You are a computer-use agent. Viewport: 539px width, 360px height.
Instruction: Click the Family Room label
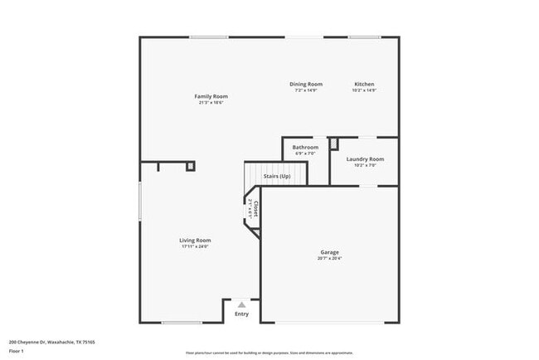click(x=211, y=96)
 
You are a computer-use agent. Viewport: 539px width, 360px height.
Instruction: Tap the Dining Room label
click(x=306, y=84)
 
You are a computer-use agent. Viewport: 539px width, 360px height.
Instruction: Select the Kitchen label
click(x=364, y=84)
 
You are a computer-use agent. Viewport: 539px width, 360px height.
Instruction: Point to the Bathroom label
click(x=305, y=148)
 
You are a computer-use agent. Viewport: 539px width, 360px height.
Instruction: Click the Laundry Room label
click(x=365, y=158)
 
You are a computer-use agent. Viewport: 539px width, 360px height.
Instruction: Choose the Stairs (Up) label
click(x=277, y=176)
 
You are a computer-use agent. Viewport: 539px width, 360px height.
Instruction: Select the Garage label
click(x=330, y=252)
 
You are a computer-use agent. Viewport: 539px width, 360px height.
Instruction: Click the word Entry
click(x=241, y=314)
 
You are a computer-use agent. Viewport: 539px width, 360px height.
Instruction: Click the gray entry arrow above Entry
click(x=241, y=304)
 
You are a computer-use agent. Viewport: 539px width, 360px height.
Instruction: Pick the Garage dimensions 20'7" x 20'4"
click(x=330, y=259)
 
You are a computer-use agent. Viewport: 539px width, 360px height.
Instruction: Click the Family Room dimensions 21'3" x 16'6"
click(x=211, y=103)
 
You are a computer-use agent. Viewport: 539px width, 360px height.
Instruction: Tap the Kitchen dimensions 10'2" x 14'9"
click(x=364, y=90)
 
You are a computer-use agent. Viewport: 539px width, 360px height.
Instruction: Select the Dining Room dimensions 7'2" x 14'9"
click(x=306, y=90)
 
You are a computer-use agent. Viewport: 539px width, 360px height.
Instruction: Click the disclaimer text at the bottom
click(x=269, y=353)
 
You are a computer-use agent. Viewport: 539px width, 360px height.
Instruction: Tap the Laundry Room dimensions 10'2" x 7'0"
click(x=365, y=165)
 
